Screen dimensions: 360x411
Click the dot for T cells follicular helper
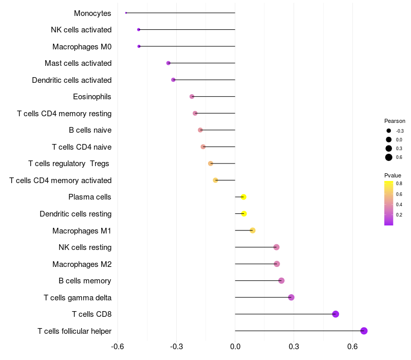[364, 331]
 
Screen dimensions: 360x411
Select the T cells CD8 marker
[335, 314]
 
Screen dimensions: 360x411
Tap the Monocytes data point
[126, 13]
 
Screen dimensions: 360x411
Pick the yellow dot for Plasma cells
[244, 197]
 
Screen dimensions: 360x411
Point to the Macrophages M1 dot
[252, 230]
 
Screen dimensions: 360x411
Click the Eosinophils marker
[192, 97]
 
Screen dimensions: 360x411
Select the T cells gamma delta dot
[291, 297]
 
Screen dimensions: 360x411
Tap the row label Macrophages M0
[82, 47]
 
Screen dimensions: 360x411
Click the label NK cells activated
[81, 30]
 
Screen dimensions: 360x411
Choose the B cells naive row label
[90, 130]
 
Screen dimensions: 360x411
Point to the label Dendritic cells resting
[76, 214]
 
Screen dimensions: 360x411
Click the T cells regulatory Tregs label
[69, 164]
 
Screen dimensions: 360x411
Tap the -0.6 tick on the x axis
[118, 347]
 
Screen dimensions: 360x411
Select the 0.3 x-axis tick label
[294, 347]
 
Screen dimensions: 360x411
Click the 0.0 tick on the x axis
[235, 347]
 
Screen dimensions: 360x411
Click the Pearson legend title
[395, 121]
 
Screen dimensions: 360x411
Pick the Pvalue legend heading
[393, 175]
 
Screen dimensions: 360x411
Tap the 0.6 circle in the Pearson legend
[389, 157]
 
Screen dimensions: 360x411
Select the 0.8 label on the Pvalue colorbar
[399, 184]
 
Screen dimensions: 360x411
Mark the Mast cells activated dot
[168, 63]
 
